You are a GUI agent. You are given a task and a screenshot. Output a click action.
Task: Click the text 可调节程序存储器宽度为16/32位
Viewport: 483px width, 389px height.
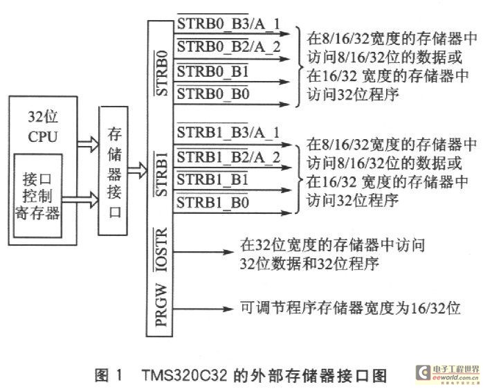click(x=349, y=305)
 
